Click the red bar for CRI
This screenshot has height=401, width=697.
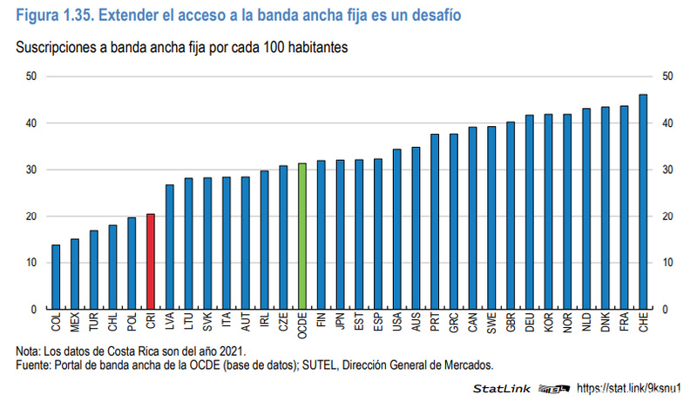point(151,261)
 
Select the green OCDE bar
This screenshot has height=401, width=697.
point(302,236)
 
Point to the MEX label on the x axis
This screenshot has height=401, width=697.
point(76,324)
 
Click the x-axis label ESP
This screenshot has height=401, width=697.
point(378,323)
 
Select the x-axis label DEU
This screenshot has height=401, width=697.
point(530,323)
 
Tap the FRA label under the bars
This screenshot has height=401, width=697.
point(625,323)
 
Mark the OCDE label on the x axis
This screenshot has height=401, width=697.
point(302,326)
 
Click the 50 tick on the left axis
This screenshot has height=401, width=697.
point(30,77)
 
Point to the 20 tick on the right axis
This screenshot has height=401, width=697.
point(668,217)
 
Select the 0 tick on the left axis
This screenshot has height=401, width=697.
point(33,309)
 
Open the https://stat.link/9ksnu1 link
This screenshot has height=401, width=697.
point(633,388)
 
